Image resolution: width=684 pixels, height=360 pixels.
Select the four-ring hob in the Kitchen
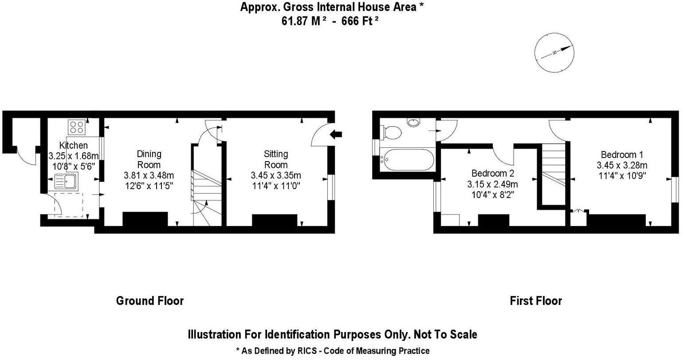(77, 127)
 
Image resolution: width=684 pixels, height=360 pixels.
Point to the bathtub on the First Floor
(407, 159)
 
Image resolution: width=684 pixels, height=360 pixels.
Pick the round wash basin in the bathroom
(413, 122)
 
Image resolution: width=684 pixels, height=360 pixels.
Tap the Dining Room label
(149, 159)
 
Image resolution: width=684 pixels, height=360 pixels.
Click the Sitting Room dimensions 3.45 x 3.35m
(276, 175)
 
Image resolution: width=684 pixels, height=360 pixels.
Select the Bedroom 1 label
(621, 155)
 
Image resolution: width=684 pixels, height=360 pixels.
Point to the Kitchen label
(74, 146)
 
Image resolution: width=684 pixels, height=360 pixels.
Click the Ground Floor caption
(150, 301)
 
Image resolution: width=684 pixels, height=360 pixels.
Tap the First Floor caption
(536, 301)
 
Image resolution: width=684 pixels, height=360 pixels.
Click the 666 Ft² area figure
(360, 21)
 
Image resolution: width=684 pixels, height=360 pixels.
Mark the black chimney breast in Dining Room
(145, 219)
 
